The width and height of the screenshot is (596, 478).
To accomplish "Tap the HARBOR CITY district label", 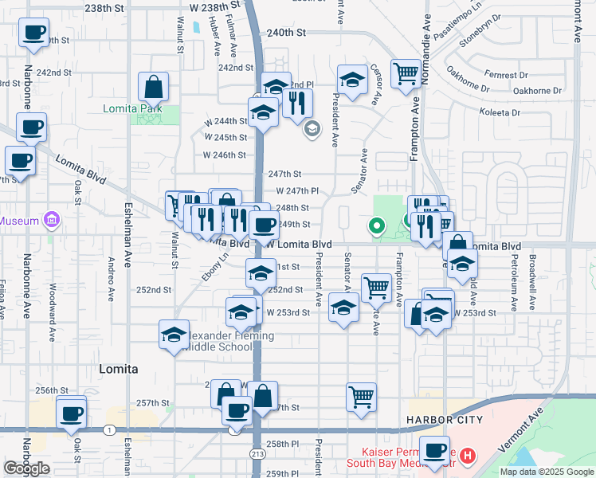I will pyautogui.click(x=433, y=420).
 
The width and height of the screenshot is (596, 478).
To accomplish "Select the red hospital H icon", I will pyautogui.click(x=468, y=456).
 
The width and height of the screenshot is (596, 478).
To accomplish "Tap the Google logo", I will pyautogui.click(x=27, y=468).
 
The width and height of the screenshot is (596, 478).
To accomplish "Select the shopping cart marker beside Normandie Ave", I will pyautogui.click(x=406, y=74).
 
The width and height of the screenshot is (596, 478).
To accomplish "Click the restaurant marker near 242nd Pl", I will pyautogui.click(x=298, y=102).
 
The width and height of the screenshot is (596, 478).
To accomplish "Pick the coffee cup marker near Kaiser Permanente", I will pyautogui.click(x=435, y=452).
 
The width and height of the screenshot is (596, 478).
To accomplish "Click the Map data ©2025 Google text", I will pyautogui.click(x=546, y=472).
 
